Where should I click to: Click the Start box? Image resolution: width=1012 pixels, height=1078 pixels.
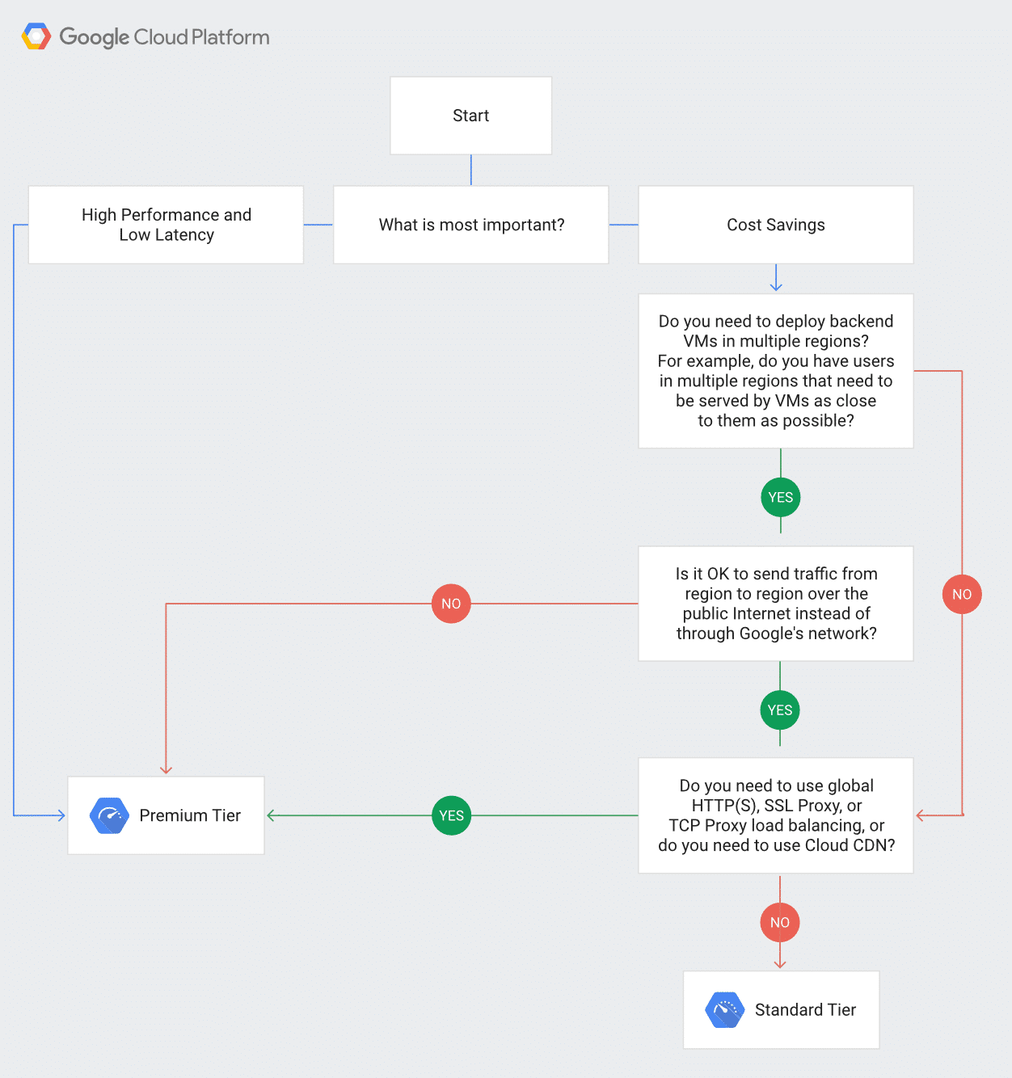click(x=470, y=116)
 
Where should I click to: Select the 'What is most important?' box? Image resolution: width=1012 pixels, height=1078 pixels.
click(x=471, y=225)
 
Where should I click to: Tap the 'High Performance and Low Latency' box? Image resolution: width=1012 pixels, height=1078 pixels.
click(x=166, y=225)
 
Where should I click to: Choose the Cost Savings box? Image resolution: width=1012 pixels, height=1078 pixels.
click(x=775, y=225)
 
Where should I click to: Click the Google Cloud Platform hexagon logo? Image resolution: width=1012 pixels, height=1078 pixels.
click(x=36, y=36)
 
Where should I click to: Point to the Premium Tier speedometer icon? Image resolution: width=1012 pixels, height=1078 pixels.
click(x=109, y=815)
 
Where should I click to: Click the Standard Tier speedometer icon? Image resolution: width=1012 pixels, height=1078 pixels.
click(x=724, y=1010)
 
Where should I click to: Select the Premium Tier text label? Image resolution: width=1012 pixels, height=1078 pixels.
click(x=190, y=815)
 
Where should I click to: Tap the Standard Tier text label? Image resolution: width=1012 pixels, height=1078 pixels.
click(x=805, y=1010)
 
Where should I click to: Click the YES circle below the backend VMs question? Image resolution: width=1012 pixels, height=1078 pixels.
click(x=781, y=497)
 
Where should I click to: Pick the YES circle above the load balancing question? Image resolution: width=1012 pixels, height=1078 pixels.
click(x=780, y=710)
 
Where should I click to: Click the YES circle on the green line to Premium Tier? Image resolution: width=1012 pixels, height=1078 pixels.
click(x=451, y=815)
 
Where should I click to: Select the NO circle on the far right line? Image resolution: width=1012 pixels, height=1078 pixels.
click(x=962, y=594)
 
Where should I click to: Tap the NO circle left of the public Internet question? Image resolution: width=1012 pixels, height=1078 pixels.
click(x=451, y=604)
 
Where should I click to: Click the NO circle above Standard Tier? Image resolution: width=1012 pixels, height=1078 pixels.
click(x=780, y=922)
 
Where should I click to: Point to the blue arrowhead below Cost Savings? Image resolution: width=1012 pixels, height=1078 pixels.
click(x=776, y=286)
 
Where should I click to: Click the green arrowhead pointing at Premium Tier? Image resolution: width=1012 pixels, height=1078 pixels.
click(x=272, y=815)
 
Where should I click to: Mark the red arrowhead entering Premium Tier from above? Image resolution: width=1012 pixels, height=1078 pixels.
click(x=166, y=769)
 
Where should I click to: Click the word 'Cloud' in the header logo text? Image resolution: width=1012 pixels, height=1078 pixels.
click(x=161, y=37)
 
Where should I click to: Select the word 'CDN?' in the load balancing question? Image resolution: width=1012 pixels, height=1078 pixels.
click(x=874, y=845)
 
